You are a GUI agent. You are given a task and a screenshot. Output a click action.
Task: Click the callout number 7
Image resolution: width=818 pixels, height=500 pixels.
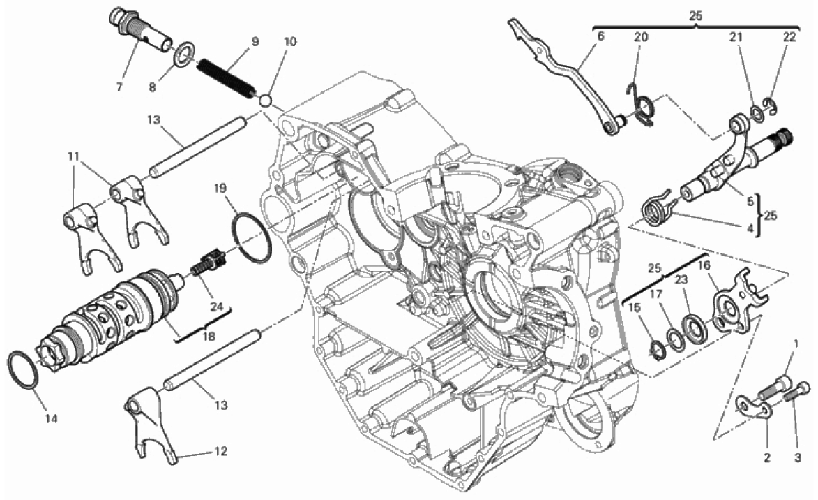[x=119, y=87]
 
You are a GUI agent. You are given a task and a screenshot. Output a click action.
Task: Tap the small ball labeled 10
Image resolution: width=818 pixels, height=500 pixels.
[x=267, y=100]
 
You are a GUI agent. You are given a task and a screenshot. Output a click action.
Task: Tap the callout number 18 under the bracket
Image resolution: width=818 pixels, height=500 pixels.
[x=208, y=337]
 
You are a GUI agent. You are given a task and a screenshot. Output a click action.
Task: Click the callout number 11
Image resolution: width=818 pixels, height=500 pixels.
[x=73, y=156]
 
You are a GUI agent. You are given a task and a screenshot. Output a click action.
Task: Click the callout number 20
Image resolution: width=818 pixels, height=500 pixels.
[x=641, y=37]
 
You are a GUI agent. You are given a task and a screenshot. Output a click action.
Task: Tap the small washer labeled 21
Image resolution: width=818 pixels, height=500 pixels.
[x=755, y=112]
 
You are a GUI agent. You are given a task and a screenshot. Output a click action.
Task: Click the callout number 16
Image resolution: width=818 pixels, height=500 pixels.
[x=704, y=265]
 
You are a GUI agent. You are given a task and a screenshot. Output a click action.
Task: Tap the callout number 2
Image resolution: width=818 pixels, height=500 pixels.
[x=767, y=458]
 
